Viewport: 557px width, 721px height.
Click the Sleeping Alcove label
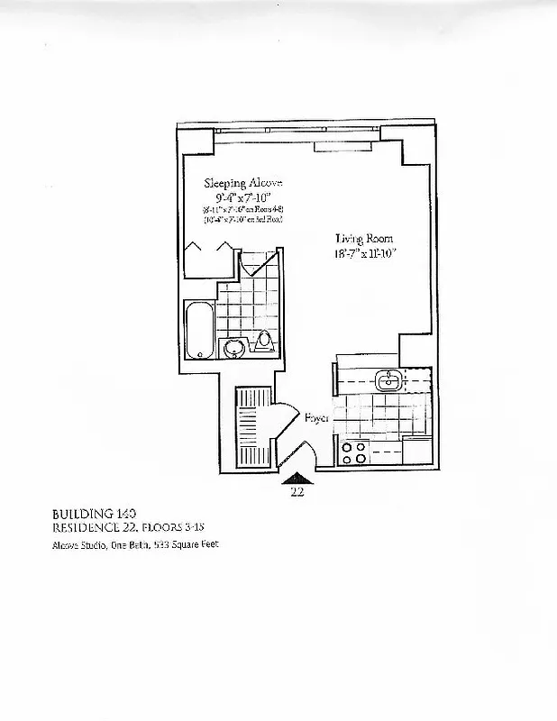tap(242, 182)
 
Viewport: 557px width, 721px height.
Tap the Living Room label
tap(364, 239)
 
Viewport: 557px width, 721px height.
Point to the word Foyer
tap(315, 418)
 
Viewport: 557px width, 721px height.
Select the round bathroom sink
tap(234, 348)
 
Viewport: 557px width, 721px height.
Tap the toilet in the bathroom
tap(264, 341)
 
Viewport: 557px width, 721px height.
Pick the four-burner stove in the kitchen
tap(353, 452)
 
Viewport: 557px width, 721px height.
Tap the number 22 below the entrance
tap(297, 492)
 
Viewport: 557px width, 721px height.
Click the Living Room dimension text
tap(364, 253)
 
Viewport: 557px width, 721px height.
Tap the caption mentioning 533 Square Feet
tap(135, 544)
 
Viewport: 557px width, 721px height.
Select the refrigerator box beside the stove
tap(415, 450)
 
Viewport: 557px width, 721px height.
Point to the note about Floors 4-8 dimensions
tap(242, 209)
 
